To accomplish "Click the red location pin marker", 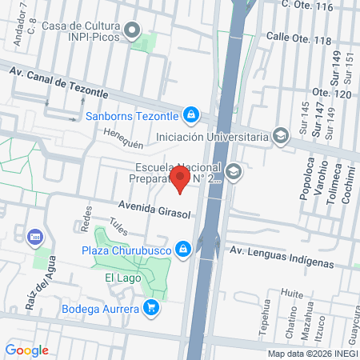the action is pyautogui.click(x=181, y=178).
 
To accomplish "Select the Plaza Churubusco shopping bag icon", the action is pyautogui.click(x=184, y=249).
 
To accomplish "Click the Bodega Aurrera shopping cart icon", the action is pyautogui.click(x=150, y=306).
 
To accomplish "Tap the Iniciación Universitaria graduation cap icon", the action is pyautogui.click(x=280, y=136).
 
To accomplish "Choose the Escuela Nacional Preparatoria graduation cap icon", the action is pyautogui.click(x=233, y=170).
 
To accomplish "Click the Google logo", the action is pyautogui.click(x=26, y=350).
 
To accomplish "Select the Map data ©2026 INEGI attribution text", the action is pyautogui.click(x=313, y=353).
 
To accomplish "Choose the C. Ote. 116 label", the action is pyautogui.click(x=318, y=6).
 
